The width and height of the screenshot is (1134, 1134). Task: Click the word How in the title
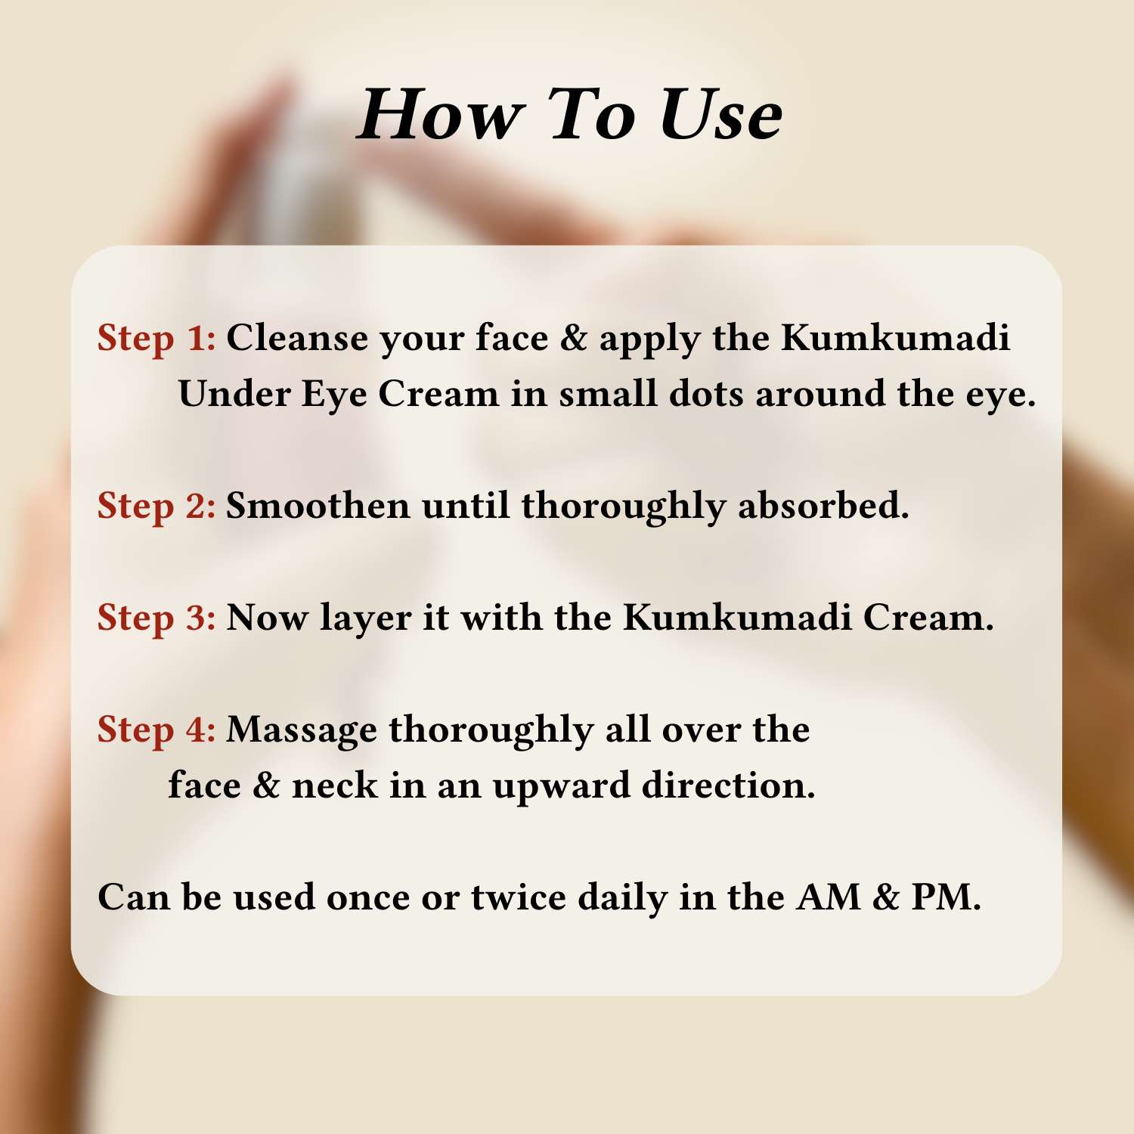[x=440, y=114]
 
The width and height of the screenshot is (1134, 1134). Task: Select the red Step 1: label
[x=156, y=339]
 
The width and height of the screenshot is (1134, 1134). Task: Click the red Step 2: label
[x=156, y=507]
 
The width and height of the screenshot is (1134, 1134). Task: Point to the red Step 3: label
[x=156, y=618]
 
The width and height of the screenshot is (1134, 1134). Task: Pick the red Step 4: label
[x=156, y=730]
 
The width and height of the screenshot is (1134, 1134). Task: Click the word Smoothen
[x=318, y=505]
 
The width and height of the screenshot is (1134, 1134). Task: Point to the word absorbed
[x=823, y=505]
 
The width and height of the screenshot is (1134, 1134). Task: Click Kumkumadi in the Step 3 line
[x=738, y=617]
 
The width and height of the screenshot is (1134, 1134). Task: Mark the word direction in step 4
[x=729, y=785]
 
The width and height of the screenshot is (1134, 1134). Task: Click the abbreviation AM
[x=829, y=897]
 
